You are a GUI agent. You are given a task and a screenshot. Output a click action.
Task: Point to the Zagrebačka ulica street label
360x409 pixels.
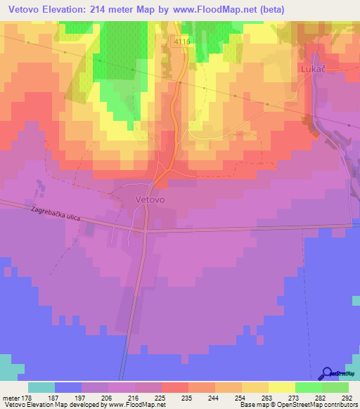click(56, 214)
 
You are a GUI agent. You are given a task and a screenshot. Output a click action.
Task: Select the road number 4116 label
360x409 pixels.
click(181, 42)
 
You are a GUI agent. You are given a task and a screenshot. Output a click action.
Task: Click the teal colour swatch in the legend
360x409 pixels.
click(41, 387)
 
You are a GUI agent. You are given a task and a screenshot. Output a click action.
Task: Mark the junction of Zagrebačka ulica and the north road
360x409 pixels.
click(144, 229)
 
